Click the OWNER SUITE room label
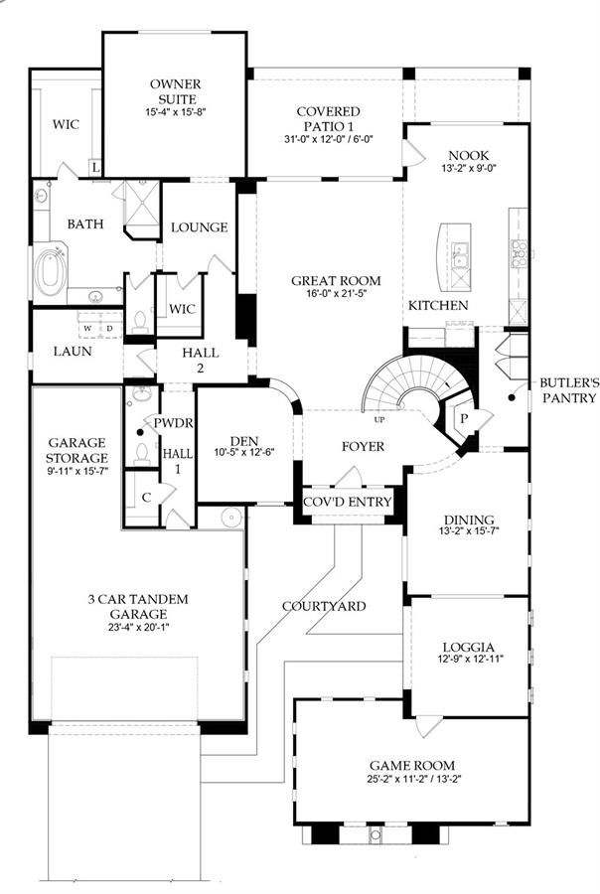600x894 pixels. tap(176, 91)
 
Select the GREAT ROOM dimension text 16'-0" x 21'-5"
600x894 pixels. tap(335, 294)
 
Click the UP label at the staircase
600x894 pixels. tap(379, 420)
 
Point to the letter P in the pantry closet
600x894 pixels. tap(464, 418)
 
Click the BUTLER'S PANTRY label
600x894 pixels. tap(570, 390)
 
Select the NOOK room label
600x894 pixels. tap(468, 155)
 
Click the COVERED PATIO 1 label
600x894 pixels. tap(329, 118)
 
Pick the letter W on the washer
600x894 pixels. tap(87, 329)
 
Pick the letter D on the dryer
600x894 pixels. tap(109, 329)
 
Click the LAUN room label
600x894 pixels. tap(73, 352)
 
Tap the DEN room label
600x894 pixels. tap(244, 441)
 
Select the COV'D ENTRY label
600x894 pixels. tap(348, 502)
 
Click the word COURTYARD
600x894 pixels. tap(324, 606)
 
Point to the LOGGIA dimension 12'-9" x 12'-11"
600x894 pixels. tap(468, 660)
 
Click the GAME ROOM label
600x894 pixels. tap(412, 765)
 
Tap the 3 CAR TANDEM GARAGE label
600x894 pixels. tap(138, 607)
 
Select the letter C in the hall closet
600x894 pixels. tap(146, 498)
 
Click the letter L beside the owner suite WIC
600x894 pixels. tap(95, 168)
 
